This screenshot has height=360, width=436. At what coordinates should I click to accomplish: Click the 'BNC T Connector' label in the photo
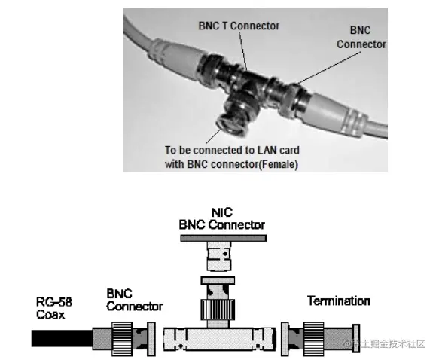(238, 26)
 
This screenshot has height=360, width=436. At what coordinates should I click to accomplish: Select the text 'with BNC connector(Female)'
(232, 164)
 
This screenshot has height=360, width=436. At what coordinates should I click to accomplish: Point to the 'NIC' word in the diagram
(221, 213)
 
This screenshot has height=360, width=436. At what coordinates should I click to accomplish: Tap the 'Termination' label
(338, 301)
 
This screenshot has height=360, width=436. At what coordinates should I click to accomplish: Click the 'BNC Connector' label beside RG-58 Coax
(134, 301)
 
